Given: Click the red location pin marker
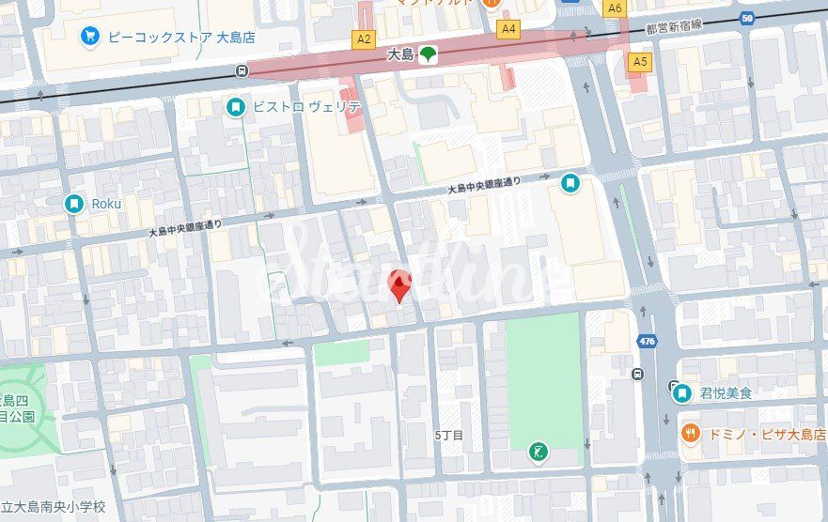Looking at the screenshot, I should point(400,285).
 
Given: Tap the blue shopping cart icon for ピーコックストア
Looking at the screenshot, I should point(91,38).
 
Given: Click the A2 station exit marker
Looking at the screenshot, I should point(364,38).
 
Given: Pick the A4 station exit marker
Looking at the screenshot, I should point(508,29).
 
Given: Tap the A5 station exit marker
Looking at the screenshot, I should point(640,62).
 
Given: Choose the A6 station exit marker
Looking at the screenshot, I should point(615,8).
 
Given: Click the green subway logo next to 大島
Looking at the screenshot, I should point(428,55).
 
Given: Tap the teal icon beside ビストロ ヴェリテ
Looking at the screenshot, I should point(236,108).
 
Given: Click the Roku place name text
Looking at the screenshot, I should point(107,204).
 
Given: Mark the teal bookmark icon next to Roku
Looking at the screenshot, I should point(74,204).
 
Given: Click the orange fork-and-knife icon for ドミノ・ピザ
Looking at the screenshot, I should point(690,433).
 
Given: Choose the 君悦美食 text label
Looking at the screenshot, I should point(726,393).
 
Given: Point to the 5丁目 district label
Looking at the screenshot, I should point(448,436).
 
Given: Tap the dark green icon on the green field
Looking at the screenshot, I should point(538,452).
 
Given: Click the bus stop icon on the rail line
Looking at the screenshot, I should point(243,70).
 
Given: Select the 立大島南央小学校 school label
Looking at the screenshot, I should point(53,507).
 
